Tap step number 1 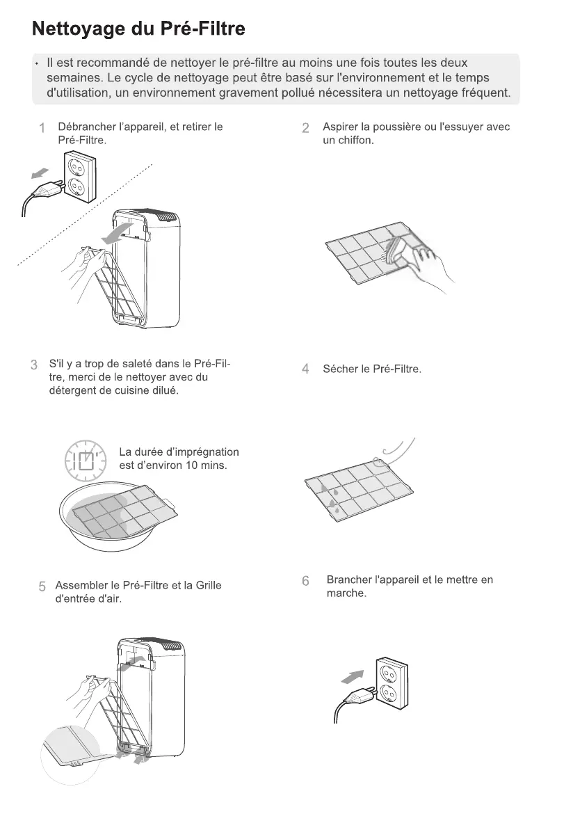[x=42, y=128]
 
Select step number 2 [x=305, y=128]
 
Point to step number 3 [x=33, y=365]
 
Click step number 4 [x=305, y=369]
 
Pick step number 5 [x=42, y=586]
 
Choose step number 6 [x=305, y=581]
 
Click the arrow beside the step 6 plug [x=354, y=674]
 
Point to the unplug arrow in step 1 [x=42, y=171]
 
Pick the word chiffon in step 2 [x=356, y=141]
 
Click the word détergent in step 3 [x=72, y=391]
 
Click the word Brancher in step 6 [x=350, y=580]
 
